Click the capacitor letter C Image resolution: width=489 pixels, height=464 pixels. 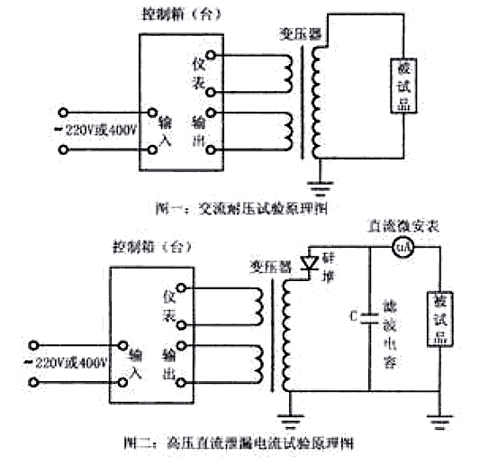tap(353, 315)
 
